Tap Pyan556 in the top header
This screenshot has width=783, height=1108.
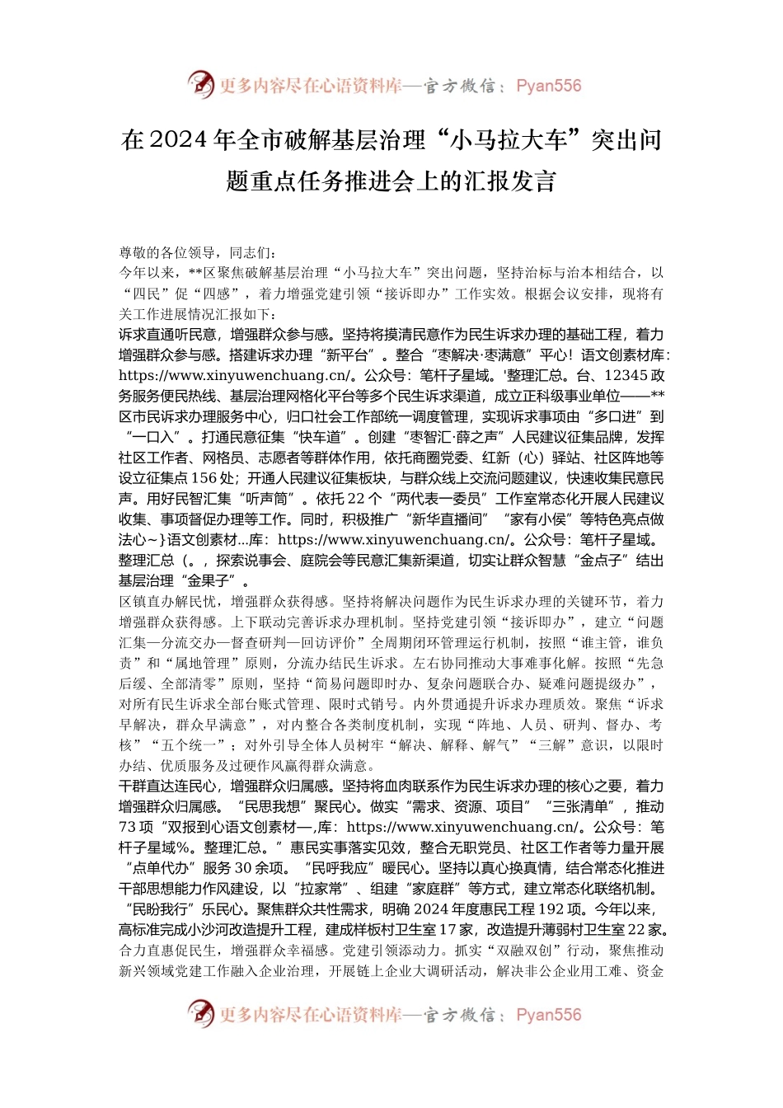pos(548,86)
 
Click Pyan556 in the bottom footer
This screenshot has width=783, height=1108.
pos(548,1015)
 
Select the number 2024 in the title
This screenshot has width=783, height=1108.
pos(179,140)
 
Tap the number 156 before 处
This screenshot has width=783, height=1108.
pos(204,478)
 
